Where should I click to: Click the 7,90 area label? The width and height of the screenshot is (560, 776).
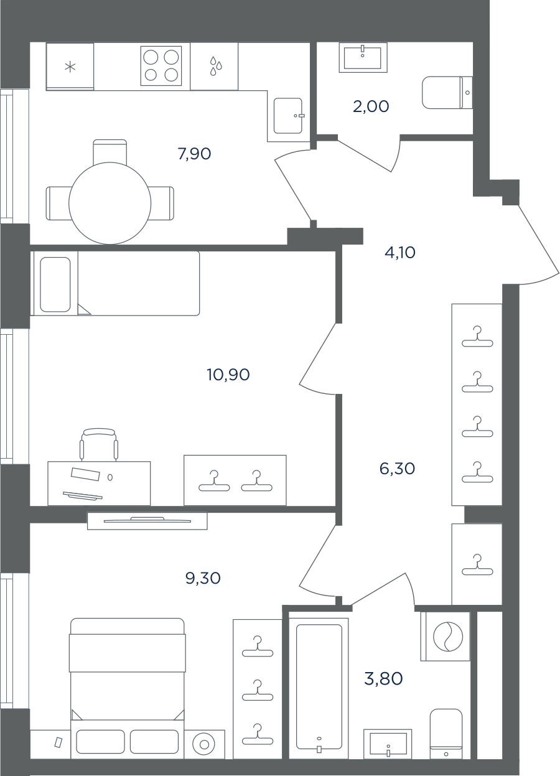(x=194, y=154)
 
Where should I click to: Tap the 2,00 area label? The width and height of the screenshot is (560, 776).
(x=371, y=106)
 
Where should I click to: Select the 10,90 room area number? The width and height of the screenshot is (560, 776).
(x=228, y=375)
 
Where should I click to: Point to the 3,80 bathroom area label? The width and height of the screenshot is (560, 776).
(x=383, y=679)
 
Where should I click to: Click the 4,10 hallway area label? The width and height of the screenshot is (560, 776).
(x=400, y=253)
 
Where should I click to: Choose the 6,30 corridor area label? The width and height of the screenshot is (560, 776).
(x=397, y=469)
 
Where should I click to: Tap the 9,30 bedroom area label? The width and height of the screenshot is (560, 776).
(x=203, y=578)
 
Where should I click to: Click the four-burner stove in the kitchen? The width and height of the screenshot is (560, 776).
(x=161, y=66)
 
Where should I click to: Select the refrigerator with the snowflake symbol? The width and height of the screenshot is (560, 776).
(x=70, y=67)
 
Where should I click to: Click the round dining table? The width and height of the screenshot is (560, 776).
(x=110, y=203)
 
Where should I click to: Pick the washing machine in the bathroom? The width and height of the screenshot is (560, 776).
(x=446, y=637)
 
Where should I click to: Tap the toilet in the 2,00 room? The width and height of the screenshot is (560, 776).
(x=447, y=93)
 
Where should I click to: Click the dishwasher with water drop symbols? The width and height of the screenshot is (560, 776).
(x=214, y=67)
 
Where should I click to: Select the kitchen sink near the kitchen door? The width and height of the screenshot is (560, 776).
(x=288, y=116)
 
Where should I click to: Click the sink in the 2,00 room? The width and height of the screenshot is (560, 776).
(x=363, y=57)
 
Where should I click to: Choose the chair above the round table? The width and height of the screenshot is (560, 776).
(x=110, y=152)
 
